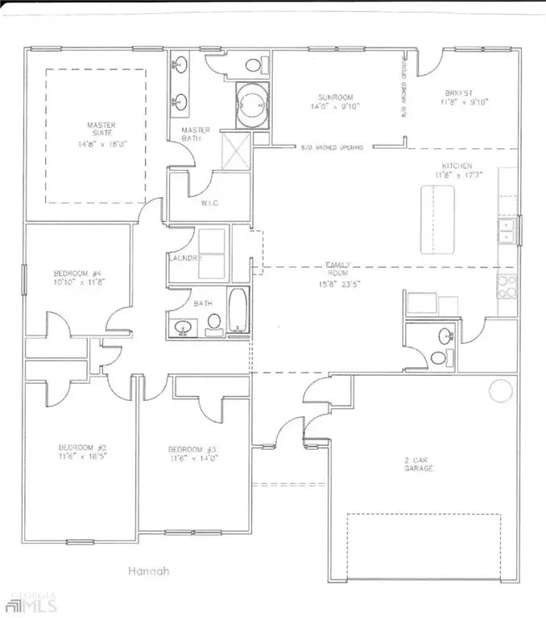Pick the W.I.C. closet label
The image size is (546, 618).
pyautogui.click(x=212, y=203)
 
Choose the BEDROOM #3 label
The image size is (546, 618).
pyautogui.click(x=192, y=449)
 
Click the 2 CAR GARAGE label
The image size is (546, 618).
pyautogui.click(x=420, y=462)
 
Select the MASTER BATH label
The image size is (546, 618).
pyautogui.click(x=196, y=135)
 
